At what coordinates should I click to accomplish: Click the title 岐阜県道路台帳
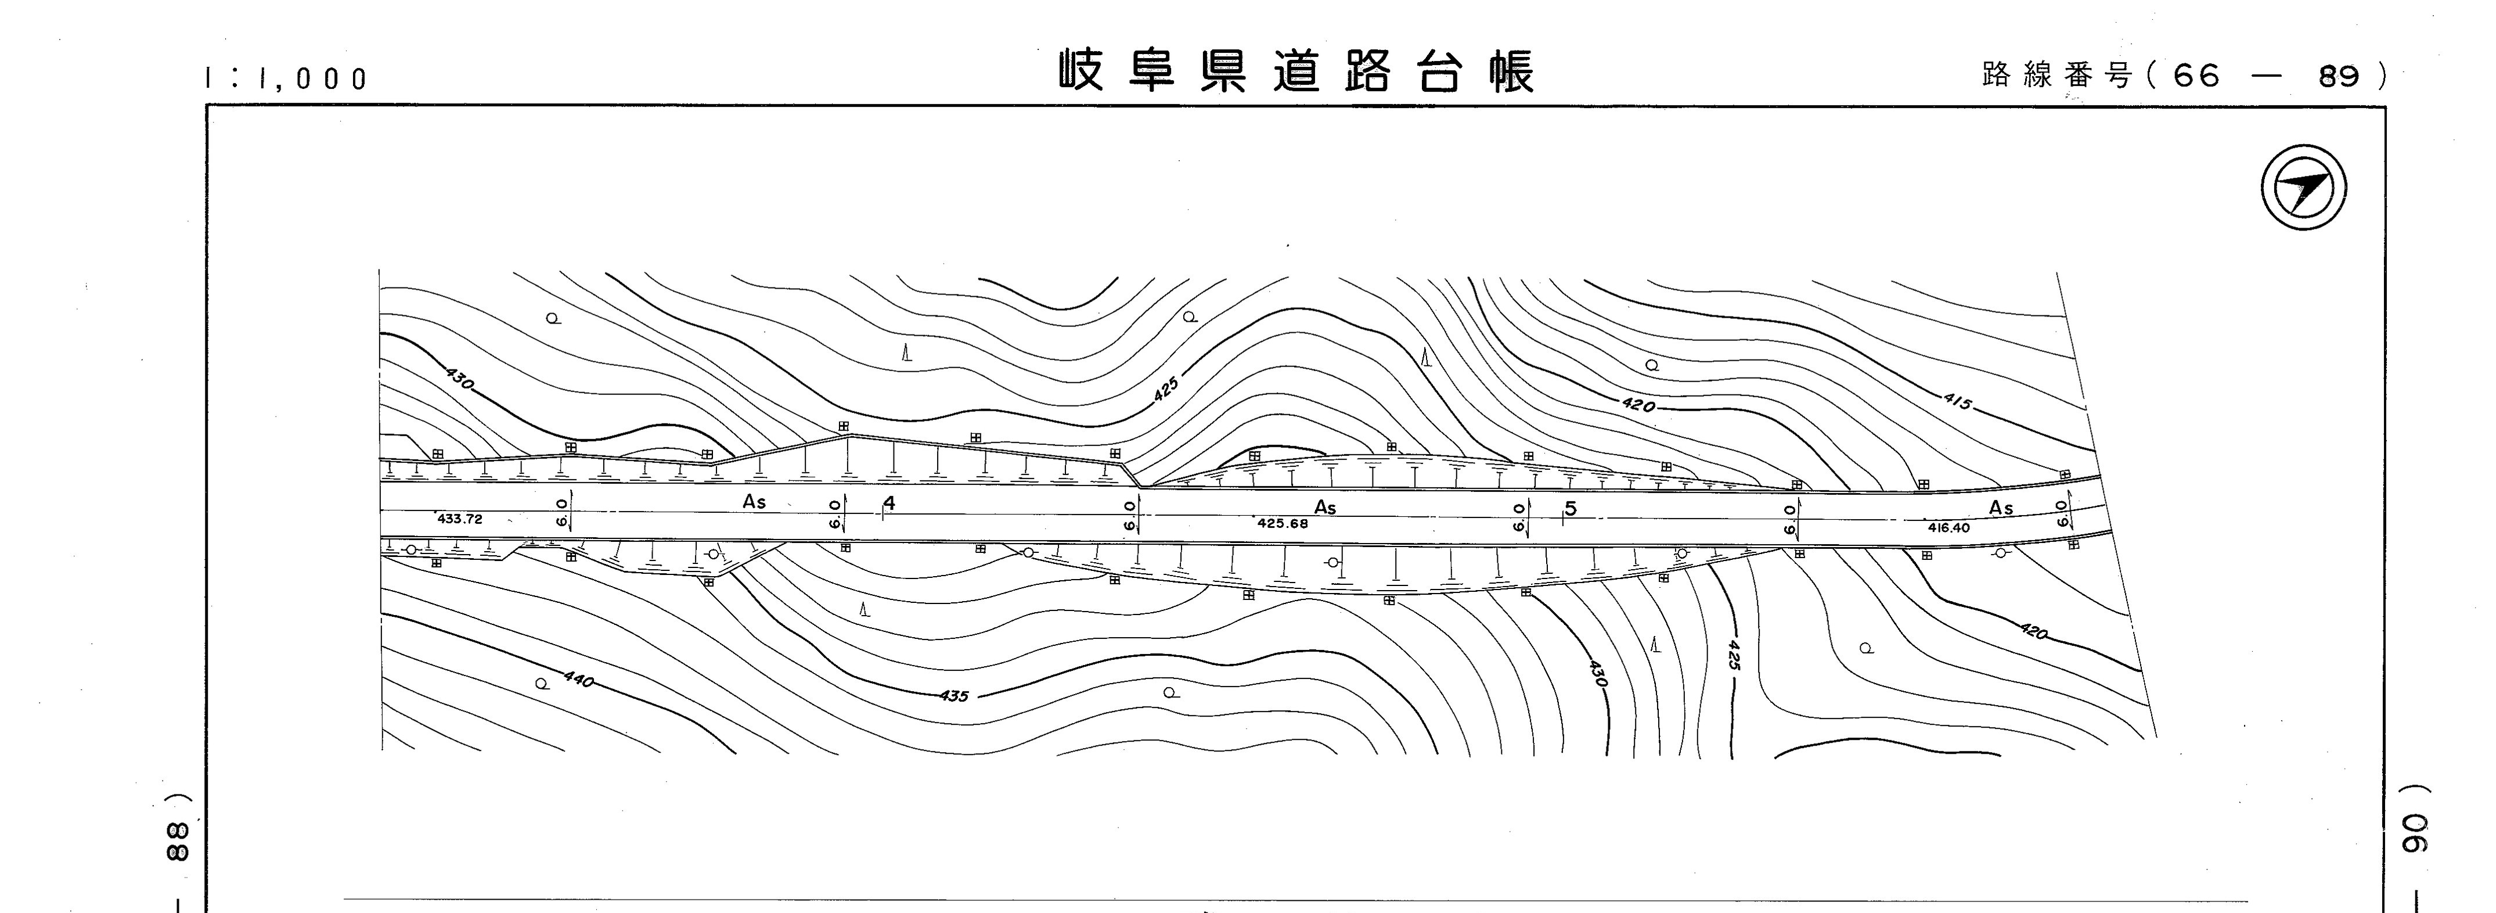click(1296, 71)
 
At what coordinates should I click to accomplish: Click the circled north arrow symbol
click(2304, 187)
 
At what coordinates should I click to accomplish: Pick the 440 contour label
click(578, 680)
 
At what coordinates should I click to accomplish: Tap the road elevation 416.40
click(1948, 528)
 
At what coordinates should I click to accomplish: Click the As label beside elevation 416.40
click(2001, 508)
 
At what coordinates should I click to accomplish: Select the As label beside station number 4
click(754, 502)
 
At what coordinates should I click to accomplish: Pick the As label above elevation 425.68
click(1324, 508)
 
